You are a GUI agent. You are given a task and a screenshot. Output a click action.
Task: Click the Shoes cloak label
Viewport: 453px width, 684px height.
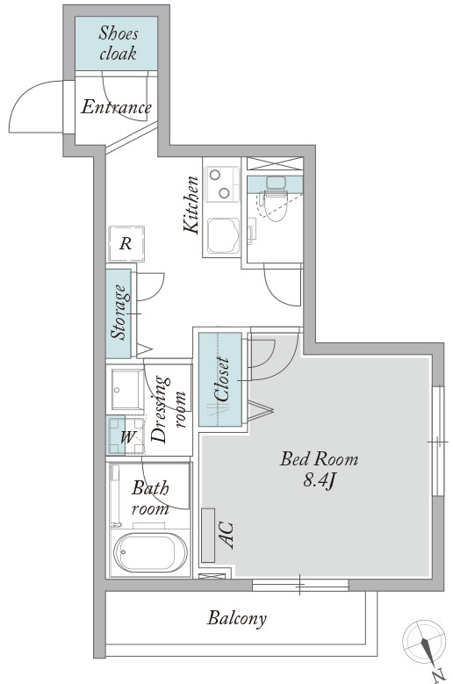(118, 43)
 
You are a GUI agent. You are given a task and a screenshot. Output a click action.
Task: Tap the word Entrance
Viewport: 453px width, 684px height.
(116, 107)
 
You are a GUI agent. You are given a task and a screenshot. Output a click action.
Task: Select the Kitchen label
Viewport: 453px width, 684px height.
(191, 205)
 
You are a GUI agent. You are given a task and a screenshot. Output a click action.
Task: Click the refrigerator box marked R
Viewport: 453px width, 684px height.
(126, 243)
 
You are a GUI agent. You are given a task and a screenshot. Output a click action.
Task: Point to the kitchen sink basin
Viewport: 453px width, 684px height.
(223, 235)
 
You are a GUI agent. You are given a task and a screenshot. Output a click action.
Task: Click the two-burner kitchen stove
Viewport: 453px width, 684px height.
(222, 184)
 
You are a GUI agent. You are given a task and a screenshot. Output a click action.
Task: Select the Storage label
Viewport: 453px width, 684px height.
(119, 313)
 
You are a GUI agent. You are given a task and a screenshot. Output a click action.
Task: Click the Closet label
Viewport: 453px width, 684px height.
(222, 379)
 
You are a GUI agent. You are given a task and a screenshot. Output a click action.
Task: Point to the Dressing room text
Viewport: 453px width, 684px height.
(168, 409)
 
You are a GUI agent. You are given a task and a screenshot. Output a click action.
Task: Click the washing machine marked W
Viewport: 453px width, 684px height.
(126, 436)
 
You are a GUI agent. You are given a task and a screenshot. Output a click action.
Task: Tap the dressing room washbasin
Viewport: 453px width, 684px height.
(127, 389)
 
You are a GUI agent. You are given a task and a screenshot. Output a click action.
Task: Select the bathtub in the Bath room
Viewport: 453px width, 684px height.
(150, 552)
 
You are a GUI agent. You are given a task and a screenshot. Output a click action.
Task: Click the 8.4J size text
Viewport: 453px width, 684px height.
(319, 480)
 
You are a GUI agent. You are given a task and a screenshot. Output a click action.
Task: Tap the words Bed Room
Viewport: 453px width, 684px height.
(320, 459)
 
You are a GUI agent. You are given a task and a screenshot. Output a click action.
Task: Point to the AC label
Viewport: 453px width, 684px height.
(228, 535)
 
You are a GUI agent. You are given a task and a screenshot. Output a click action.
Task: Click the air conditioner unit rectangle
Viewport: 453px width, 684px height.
(208, 536)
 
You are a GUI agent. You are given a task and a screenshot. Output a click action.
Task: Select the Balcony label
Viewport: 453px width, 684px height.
(237, 618)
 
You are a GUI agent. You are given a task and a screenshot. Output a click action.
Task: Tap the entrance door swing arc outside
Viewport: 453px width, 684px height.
(25, 92)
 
